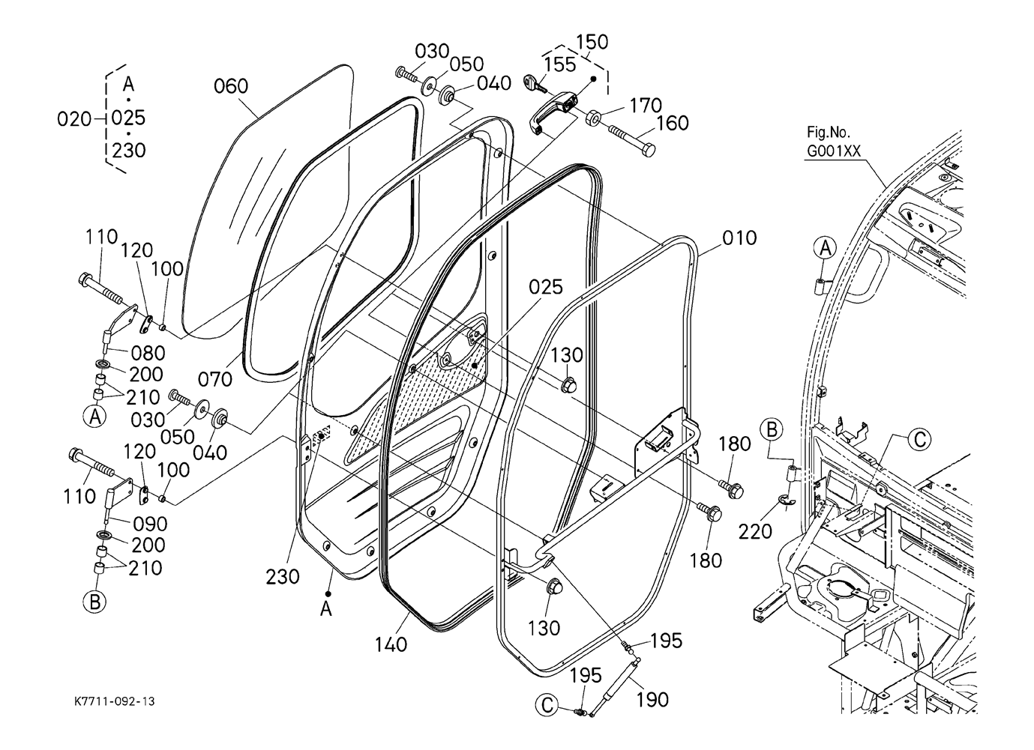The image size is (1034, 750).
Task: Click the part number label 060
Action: [x=231, y=86]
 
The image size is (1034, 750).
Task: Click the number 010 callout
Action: [x=739, y=238]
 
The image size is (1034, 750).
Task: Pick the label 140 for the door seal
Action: [x=391, y=644]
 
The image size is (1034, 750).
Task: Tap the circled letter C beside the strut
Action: [x=547, y=706]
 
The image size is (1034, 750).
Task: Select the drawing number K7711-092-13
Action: [x=115, y=701]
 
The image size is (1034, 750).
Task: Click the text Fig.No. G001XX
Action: [x=834, y=142]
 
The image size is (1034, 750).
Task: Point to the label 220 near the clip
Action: [x=755, y=532]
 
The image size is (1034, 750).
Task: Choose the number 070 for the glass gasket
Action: [x=215, y=380]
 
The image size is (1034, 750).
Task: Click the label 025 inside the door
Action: [x=546, y=288]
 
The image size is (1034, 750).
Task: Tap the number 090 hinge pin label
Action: [x=150, y=524]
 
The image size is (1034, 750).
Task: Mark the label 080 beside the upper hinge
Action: [x=148, y=354]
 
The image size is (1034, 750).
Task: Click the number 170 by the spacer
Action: [x=646, y=106]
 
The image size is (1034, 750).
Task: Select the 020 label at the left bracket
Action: [x=74, y=119]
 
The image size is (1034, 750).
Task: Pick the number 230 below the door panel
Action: [x=283, y=577]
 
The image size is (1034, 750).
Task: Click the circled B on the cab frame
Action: [x=772, y=430]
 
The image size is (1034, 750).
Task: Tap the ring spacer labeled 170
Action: [x=593, y=118]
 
